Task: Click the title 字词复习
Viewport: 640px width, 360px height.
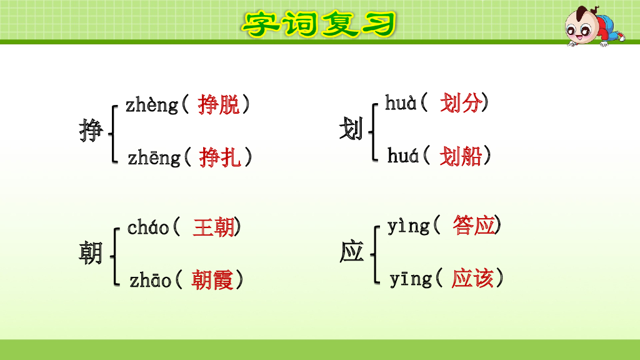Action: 319,24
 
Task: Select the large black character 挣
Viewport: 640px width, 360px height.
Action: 91,131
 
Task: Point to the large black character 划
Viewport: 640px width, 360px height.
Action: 351,131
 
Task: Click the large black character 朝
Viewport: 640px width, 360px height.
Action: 91,253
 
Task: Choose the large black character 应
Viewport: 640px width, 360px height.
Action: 351,252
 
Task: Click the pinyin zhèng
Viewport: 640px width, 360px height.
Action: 152,105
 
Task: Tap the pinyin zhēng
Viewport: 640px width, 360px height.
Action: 154,158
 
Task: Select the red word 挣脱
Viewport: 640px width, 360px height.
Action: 219,105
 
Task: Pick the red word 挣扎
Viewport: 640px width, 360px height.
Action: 220,158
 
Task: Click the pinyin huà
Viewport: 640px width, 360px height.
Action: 401,103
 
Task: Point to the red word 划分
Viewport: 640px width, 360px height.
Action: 460,103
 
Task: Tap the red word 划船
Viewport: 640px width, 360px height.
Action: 461,156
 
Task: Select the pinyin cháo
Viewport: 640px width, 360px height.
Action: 148,227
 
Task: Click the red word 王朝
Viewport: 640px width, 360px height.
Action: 214,227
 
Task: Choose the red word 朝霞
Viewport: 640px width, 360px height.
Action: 212,280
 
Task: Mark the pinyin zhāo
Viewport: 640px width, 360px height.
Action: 151,281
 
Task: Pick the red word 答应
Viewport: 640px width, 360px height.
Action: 474,226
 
